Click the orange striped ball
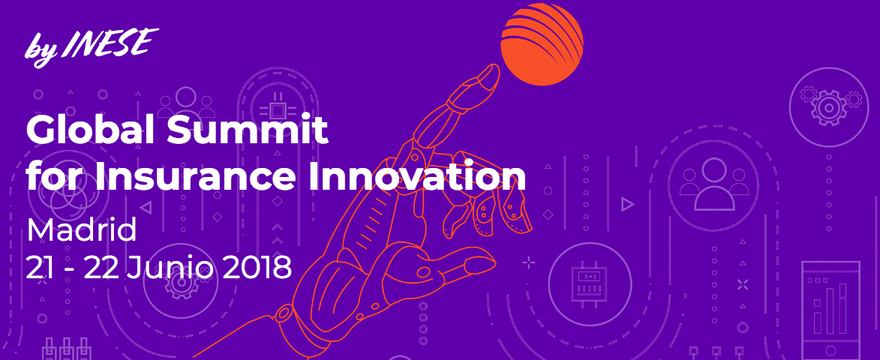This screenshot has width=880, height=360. coord(542,43)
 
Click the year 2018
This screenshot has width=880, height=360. coord(257,267)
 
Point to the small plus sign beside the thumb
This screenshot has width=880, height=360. coord(529,262)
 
